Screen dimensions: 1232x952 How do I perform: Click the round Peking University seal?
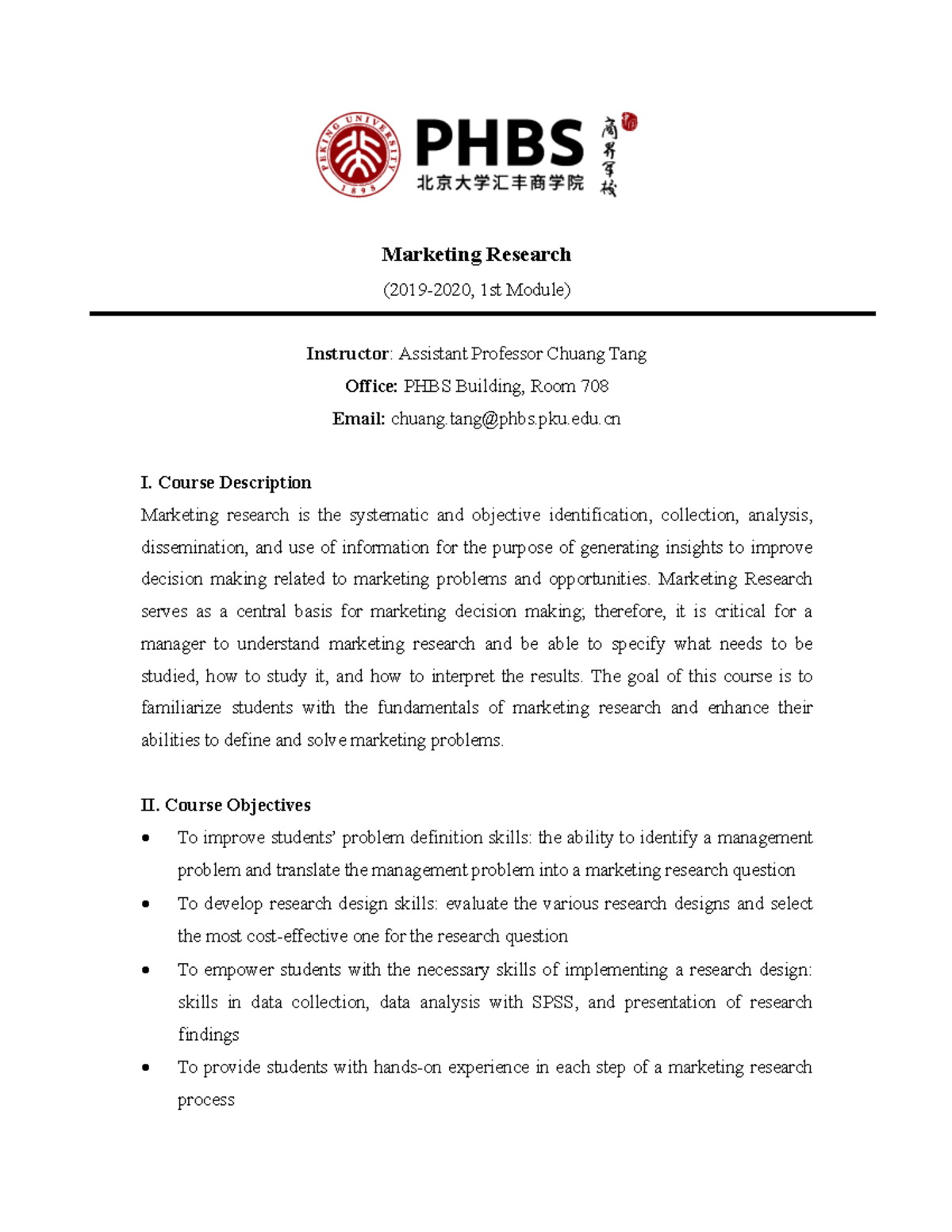tap(359, 154)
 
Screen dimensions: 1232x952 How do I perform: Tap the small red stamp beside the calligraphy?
tap(630, 122)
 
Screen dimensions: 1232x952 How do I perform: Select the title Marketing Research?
tap(476, 255)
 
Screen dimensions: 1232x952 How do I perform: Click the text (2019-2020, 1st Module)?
tap(476, 290)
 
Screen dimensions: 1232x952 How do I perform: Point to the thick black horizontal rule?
tap(482, 314)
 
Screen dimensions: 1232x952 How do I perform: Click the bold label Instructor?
tap(347, 354)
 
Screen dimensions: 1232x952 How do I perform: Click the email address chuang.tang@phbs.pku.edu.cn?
tap(505, 419)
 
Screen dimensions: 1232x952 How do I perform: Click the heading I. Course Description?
tap(225, 482)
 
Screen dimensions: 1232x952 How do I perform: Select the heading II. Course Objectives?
tap(225, 805)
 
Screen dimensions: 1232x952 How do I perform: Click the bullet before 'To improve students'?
tap(145, 839)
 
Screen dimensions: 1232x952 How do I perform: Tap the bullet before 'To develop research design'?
tap(145, 904)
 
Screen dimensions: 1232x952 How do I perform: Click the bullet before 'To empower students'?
tap(145, 970)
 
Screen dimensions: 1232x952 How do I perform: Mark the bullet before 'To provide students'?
tap(145, 1068)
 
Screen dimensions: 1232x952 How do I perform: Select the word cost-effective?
tap(297, 937)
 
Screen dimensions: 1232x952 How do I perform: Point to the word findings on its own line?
tap(208, 1035)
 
